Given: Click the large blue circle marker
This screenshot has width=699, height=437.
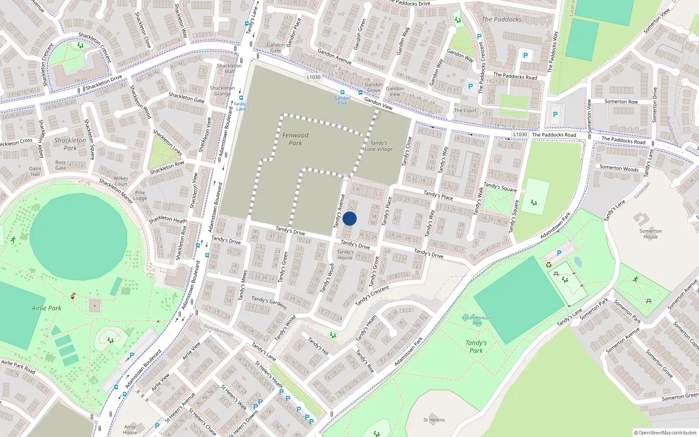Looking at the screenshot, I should [x=349, y=218].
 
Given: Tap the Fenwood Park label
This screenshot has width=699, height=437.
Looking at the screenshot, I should [x=295, y=139].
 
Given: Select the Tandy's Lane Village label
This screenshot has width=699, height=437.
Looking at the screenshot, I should [x=378, y=146].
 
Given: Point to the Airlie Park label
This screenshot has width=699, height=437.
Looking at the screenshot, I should [x=46, y=308].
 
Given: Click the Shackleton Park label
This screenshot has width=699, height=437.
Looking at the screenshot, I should [x=70, y=144].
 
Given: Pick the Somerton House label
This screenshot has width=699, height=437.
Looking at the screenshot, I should [x=651, y=234].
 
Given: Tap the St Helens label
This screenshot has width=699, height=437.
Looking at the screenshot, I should [x=434, y=420].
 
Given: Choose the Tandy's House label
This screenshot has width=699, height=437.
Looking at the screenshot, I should [x=345, y=255].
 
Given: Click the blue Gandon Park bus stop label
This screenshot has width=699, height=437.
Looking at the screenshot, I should [x=343, y=101].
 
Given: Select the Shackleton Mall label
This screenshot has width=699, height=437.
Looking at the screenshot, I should [x=229, y=69].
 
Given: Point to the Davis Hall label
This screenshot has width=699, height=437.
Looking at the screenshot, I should [x=35, y=171].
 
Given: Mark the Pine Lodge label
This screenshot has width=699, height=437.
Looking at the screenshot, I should [x=140, y=195].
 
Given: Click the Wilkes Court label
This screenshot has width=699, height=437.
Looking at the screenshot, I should [x=121, y=181].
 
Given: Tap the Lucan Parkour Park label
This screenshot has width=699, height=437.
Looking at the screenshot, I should [x=477, y=320].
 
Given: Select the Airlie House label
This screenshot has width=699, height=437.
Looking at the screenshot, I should [x=130, y=430].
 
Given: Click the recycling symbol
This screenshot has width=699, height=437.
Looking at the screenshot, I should [x=549, y=264].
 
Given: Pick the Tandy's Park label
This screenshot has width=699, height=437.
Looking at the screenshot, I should [x=476, y=347].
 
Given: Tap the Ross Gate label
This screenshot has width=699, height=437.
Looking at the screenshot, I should [x=61, y=165].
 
